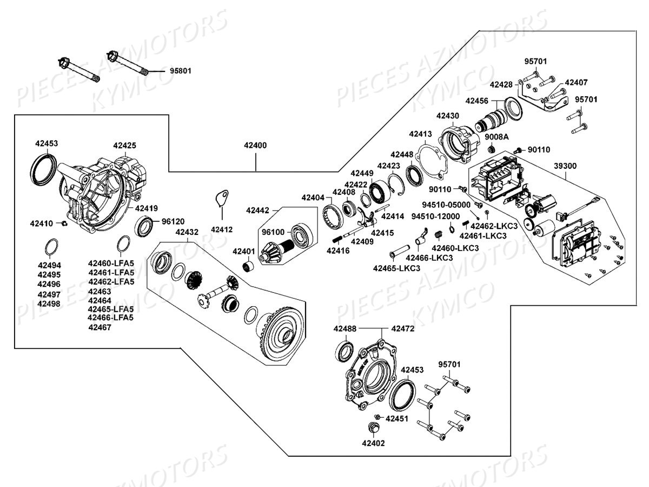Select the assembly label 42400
255,146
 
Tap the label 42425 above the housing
124,145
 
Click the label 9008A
496,136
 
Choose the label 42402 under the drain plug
374,443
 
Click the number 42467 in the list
100,327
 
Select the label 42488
345,328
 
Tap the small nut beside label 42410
63,223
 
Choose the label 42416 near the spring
337,251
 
